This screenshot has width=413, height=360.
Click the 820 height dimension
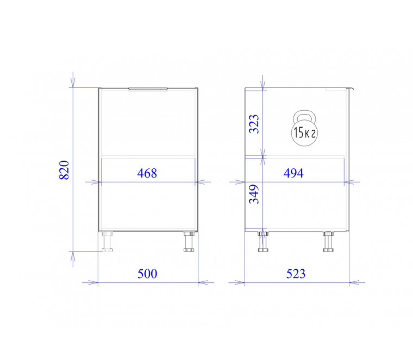(64, 170)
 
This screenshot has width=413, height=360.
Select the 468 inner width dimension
(147, 173)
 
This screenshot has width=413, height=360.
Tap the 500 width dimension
(147, 274)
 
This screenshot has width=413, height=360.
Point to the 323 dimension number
(254, 124)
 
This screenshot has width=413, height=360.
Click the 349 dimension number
(254, 194)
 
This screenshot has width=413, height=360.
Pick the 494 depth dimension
(293, 173)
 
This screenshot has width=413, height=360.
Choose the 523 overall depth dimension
(296, 274)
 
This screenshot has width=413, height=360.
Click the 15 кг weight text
(304, 132)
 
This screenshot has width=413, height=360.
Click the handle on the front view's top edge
(148, 89)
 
